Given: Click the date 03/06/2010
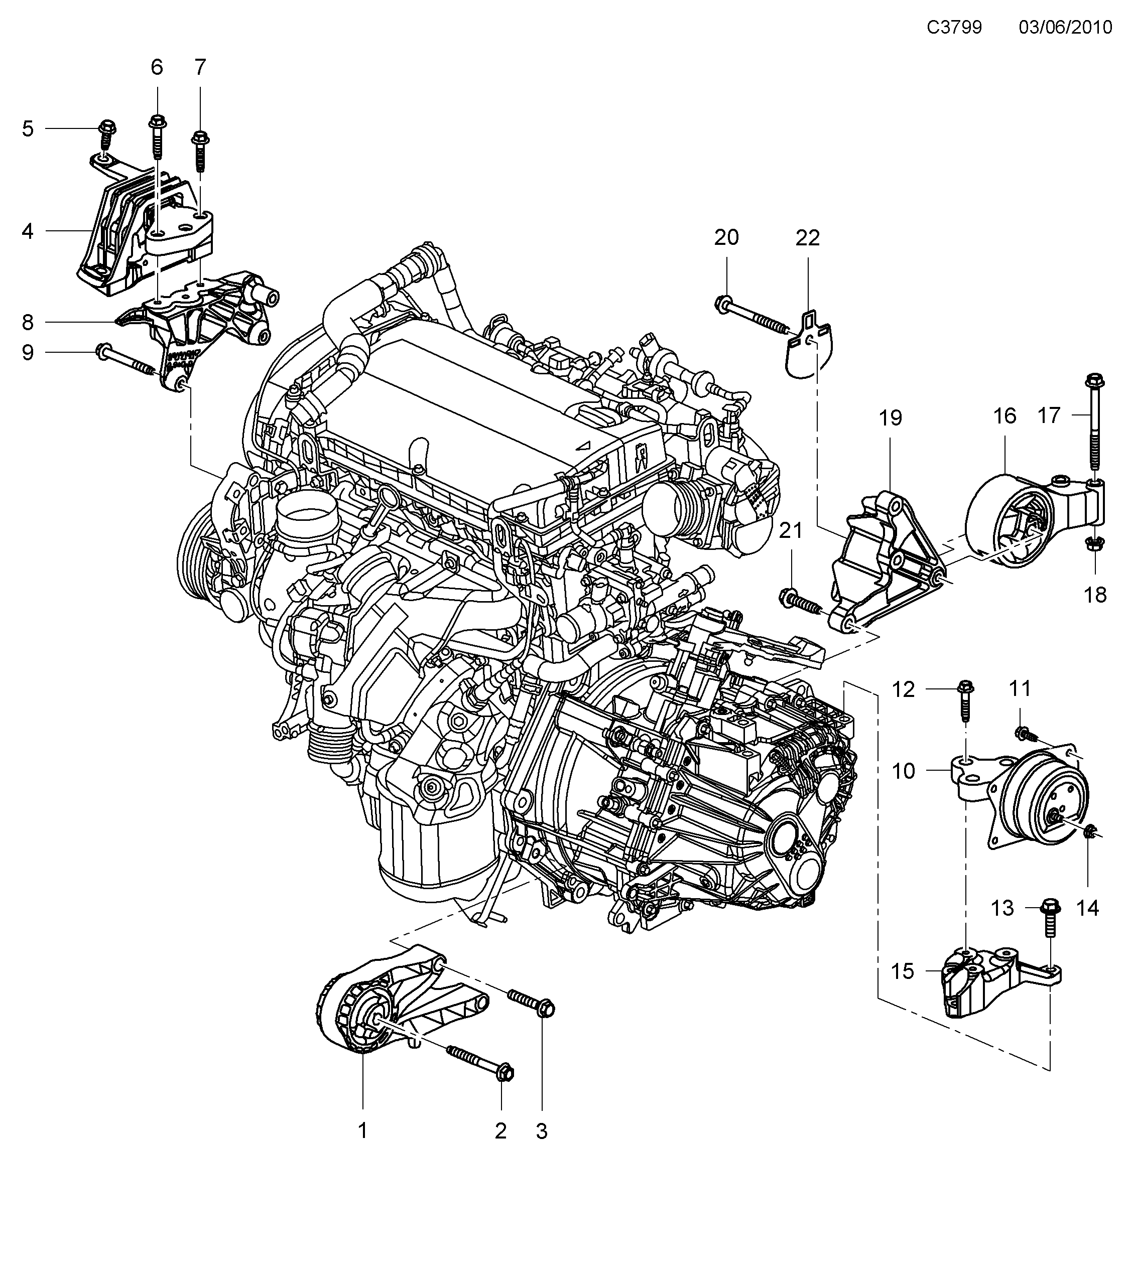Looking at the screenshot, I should (x=1065, y=28).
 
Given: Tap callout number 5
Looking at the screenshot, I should (x=28, y=129).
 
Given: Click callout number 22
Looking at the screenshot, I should (x=807, y=238).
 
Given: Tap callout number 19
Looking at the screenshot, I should (x=890, y=417).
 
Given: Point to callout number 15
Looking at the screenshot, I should (x=903, y=971).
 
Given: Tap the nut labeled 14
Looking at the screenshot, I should (x=1090, y=831).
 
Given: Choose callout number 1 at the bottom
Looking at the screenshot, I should (x=362, y=1131).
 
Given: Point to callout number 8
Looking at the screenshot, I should (x=28, y=323).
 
